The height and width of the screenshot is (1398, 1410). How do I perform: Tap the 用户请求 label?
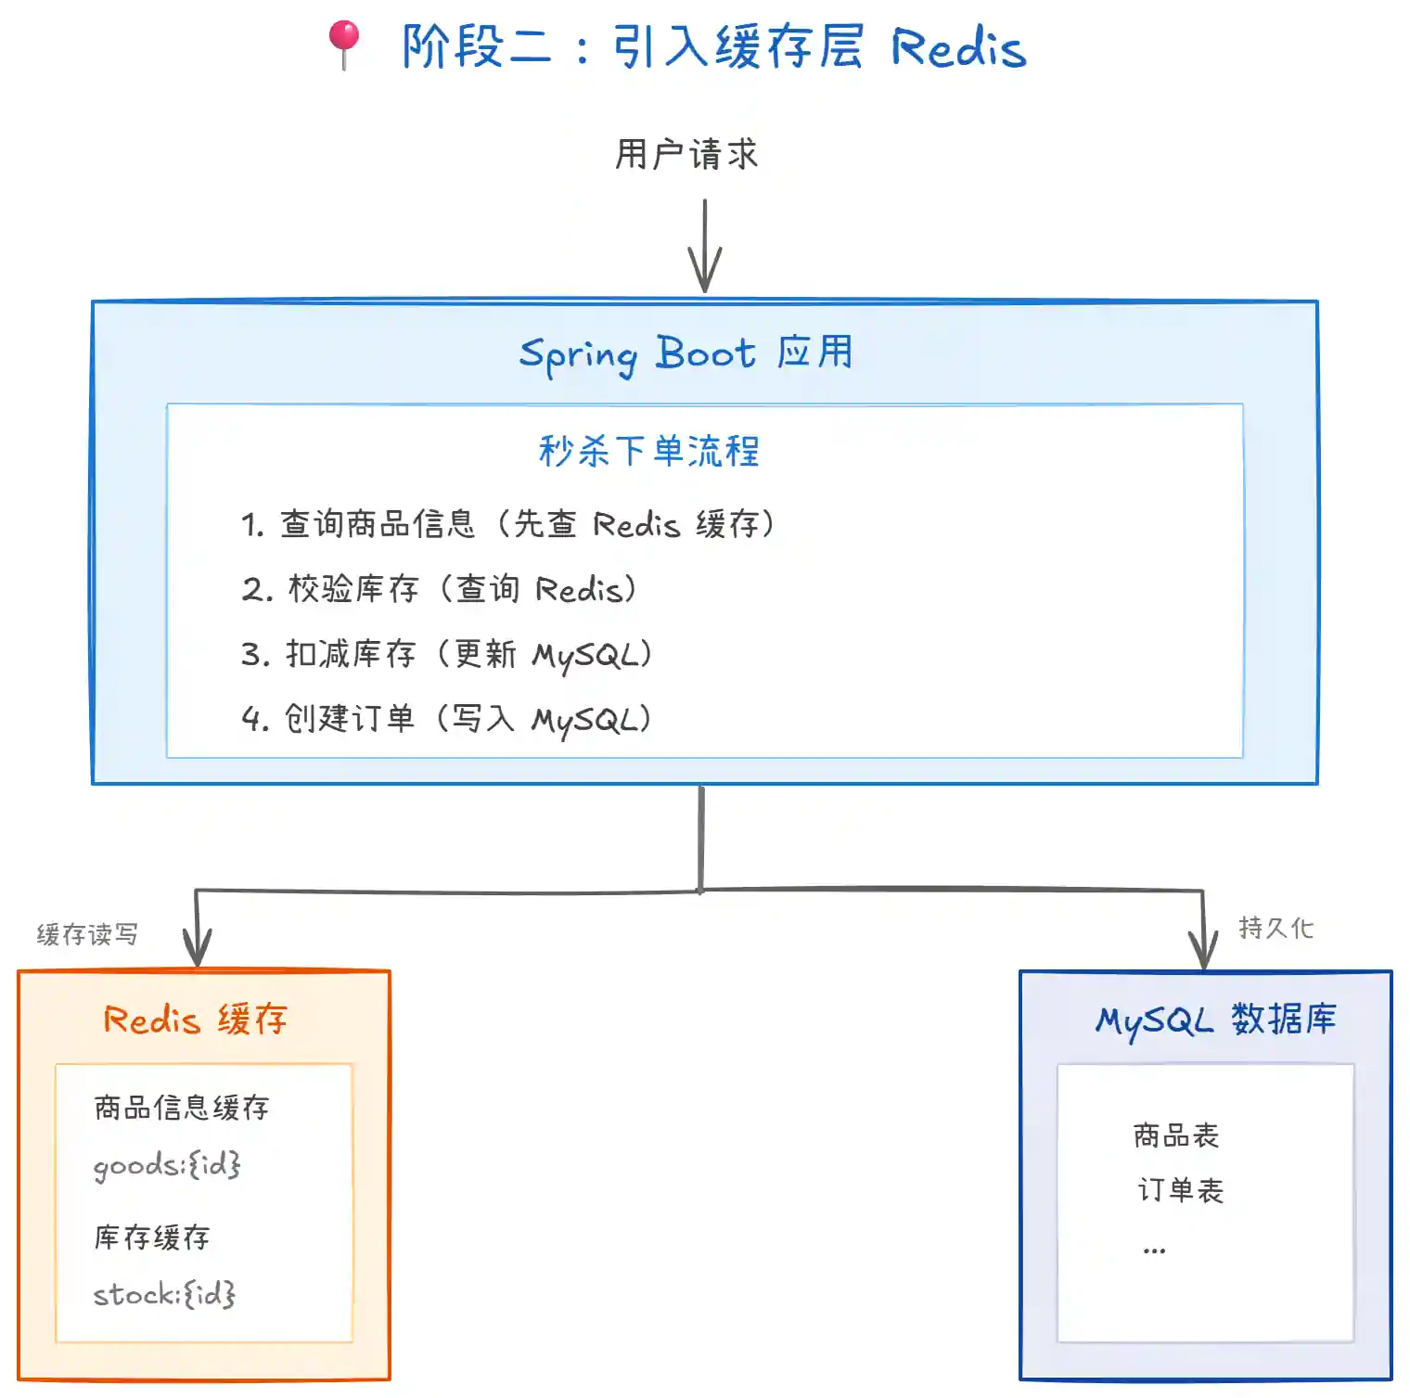pos(686,154)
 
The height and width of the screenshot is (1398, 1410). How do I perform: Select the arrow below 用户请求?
pos(705,245)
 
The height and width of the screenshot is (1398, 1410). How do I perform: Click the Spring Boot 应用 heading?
pos(686,353)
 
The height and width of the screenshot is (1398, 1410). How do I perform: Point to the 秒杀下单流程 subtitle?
pos(649,452)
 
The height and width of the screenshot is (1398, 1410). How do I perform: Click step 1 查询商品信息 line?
pos(508,524)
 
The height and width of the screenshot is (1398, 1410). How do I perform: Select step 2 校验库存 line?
pos(439,589)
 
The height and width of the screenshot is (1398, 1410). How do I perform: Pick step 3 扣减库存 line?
pos(446,654)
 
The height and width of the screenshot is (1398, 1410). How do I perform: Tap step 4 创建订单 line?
pos(446,719)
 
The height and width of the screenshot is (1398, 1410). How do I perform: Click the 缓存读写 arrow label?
pos(87,934)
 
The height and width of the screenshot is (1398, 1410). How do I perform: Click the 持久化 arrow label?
pos(1275,928)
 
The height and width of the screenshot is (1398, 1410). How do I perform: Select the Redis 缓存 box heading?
pos(196,1020)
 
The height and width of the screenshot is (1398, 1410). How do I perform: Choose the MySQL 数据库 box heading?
pos(1215,1020)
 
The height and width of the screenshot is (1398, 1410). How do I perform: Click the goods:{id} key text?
pos(167,1165)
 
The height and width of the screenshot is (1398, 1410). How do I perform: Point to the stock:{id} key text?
pos(164,1294)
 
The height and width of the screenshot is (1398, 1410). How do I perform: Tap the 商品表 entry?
pos(1176,1135)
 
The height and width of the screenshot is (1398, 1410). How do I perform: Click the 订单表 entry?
pos(1180,1190)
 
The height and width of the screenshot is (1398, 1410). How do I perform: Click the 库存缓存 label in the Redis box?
pos(152,1238)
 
